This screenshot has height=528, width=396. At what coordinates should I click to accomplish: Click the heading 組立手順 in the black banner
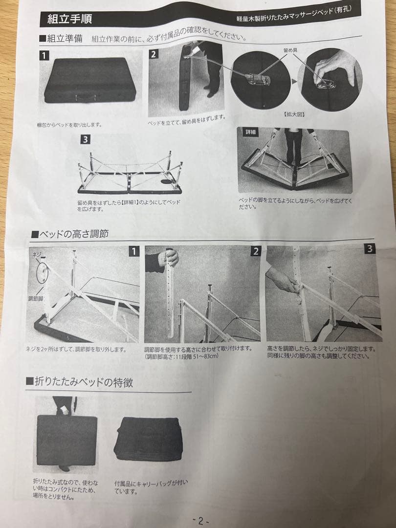pyautogui.click(x=69, y=19)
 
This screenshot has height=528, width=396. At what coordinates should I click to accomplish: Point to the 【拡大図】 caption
pyautogui.click(x=293, y=113)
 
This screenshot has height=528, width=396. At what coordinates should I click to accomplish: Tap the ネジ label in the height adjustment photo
pyautogui.click(x=35, y=255)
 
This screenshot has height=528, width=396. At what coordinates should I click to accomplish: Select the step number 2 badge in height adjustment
pyautogui.click(x=255, y=251)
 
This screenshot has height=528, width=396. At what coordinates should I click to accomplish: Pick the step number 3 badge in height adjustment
pyautogui.click(x=370, y=249)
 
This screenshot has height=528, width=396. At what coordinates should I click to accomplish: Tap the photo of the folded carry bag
pyautogui.click(x=148, y=439)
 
